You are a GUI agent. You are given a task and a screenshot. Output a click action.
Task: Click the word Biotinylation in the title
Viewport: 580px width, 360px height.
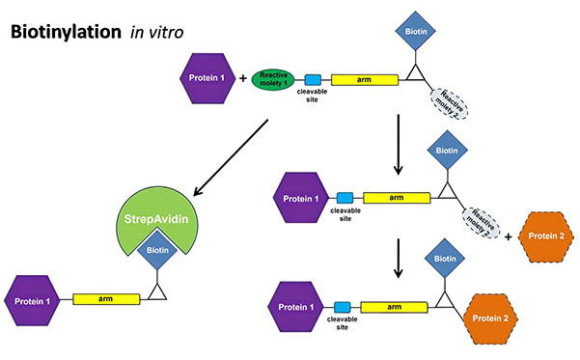[x=65, y=33]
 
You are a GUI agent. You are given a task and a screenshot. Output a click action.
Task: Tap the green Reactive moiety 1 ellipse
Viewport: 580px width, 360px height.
[x=275, y=81]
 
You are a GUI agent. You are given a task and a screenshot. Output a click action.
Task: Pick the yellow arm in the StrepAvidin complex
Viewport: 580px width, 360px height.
[x=105, y=300]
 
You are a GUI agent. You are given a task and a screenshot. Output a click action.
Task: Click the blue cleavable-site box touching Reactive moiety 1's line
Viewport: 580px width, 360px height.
[x=313, y=81]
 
